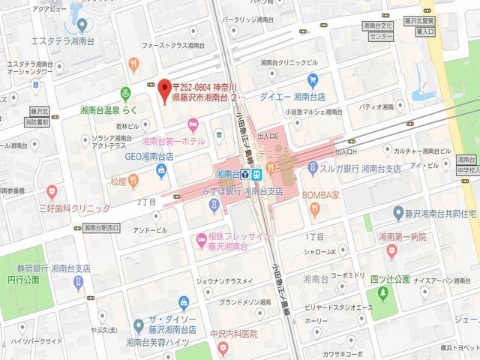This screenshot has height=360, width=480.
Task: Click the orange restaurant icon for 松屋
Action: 133,180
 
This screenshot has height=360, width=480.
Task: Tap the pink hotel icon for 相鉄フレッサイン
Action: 202,240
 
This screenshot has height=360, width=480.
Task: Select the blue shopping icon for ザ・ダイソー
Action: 138,325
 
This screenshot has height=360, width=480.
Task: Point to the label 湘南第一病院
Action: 402,236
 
